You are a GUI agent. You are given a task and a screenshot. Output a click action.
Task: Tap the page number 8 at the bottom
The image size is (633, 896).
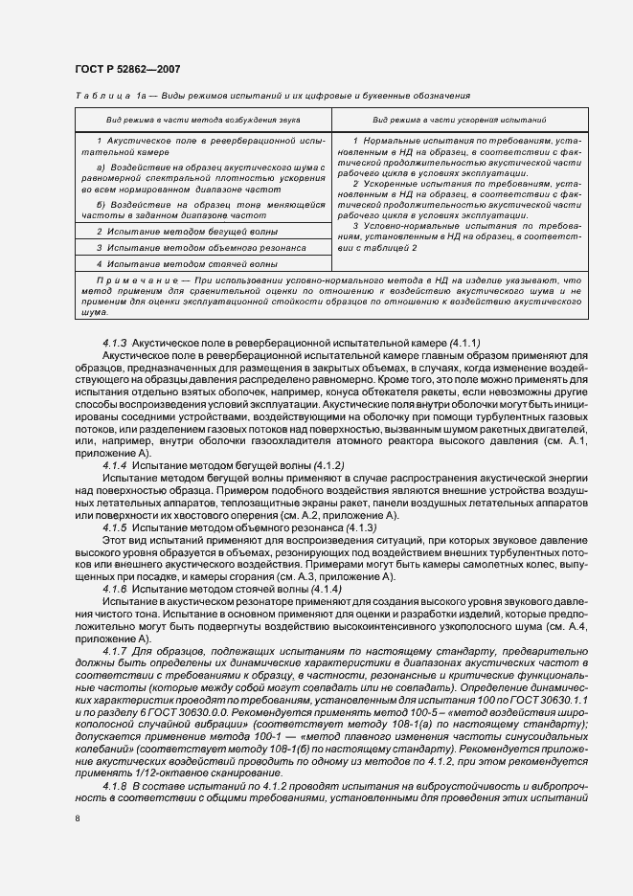pos(78,818)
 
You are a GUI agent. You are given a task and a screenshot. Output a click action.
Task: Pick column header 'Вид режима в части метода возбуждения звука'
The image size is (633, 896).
pos(202,121)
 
